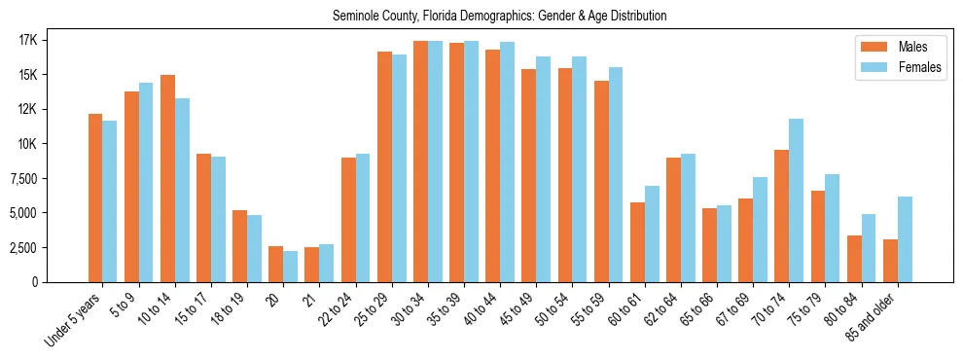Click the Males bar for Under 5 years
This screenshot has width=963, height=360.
point(95,198)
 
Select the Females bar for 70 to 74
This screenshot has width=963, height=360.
point(796,200)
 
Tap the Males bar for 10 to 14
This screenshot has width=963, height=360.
point(167,178)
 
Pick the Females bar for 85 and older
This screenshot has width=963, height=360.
point(905,239)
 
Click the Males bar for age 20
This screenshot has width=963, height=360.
point(275,264)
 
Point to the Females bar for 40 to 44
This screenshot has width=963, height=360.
point(507,162)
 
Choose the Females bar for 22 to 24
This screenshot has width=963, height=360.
point(363,218)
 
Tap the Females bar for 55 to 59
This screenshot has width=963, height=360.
point(616,174)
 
